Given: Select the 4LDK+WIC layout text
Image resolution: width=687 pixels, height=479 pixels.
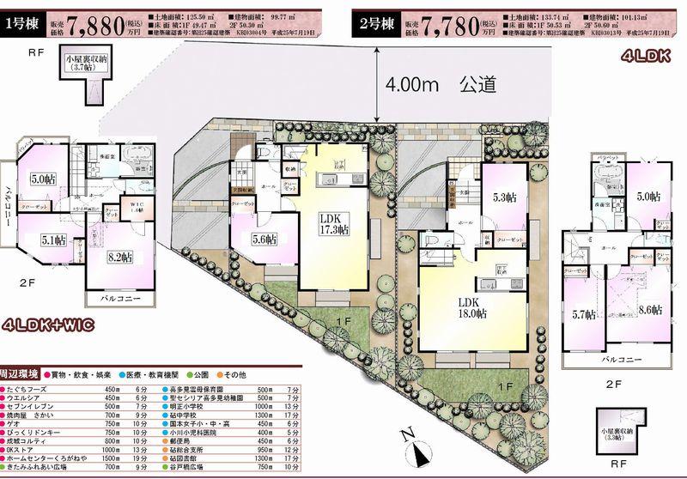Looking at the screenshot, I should coord(49,326).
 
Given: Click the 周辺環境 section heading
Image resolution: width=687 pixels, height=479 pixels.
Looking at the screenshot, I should coord(21,375).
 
